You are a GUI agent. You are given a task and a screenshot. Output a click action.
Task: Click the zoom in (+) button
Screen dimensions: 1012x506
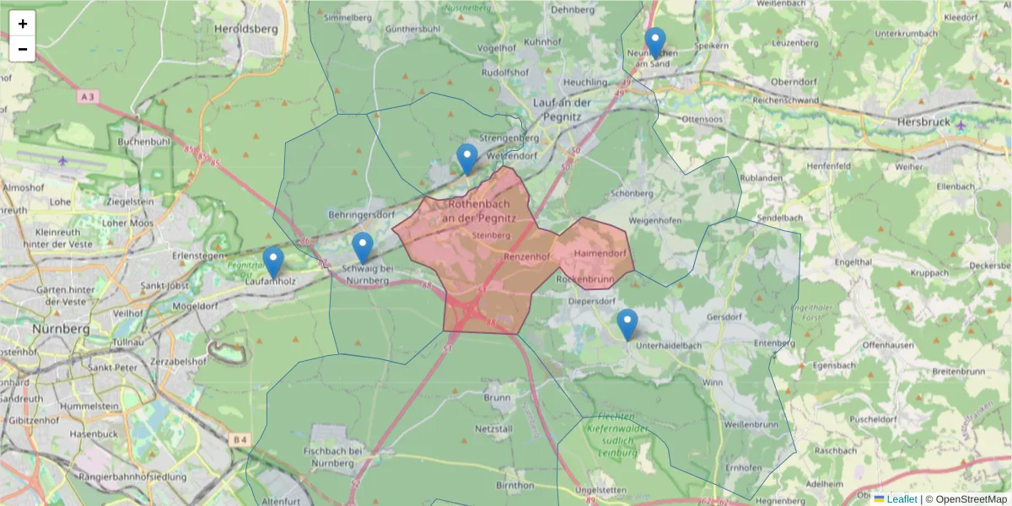coord(23,24)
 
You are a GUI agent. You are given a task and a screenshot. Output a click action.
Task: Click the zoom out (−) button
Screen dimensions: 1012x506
coord(23,49)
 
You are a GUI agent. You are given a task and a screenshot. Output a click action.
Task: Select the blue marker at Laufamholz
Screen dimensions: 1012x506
coord(272,261)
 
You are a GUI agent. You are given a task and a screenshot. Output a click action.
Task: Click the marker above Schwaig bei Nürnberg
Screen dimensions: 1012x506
coord(363,247)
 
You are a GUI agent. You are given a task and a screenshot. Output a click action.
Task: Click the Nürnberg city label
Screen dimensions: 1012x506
coord(57,328)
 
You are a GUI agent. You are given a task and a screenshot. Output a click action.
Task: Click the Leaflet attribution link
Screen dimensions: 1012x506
coord(902,499)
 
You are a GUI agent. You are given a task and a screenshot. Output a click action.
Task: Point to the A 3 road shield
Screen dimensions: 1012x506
coord(87,97)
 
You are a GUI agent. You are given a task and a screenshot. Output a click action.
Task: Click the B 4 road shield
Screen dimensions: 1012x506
coord(241,439)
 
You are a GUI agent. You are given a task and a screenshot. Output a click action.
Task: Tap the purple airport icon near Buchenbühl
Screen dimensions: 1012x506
coord(63,160)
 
